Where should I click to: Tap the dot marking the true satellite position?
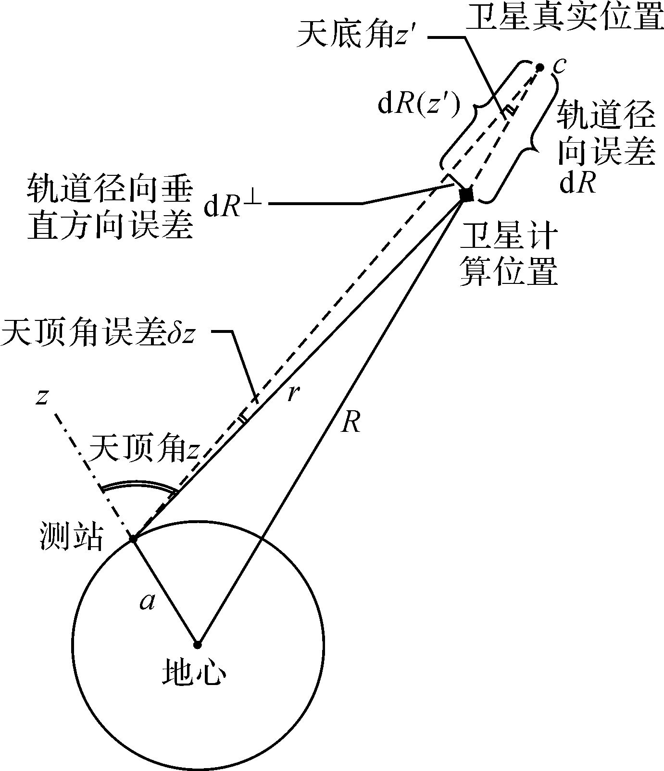[540, 67]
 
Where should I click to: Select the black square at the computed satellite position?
[466, 195]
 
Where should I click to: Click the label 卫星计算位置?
[509, 255]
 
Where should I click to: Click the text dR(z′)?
[419, 105]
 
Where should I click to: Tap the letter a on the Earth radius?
[147, 602]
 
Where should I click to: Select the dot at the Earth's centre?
[197, 644]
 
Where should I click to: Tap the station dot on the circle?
[133, 539]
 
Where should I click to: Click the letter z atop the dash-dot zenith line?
[42, 397]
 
